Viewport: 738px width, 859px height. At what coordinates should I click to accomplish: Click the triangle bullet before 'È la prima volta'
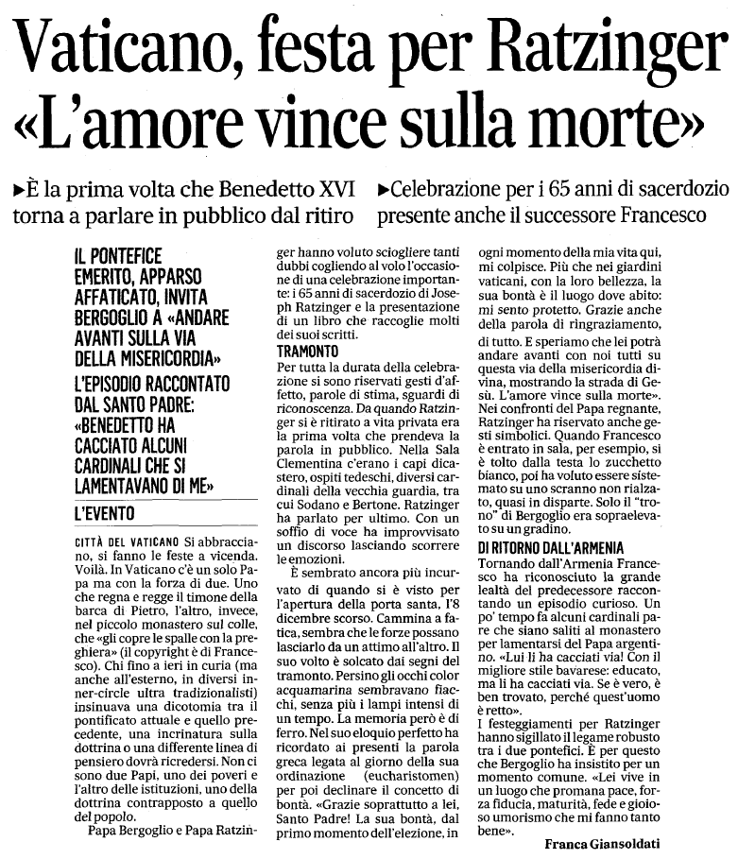19,189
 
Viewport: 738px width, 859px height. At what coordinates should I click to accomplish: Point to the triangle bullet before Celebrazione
383,189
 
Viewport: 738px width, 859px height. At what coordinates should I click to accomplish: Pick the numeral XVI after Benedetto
326,188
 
